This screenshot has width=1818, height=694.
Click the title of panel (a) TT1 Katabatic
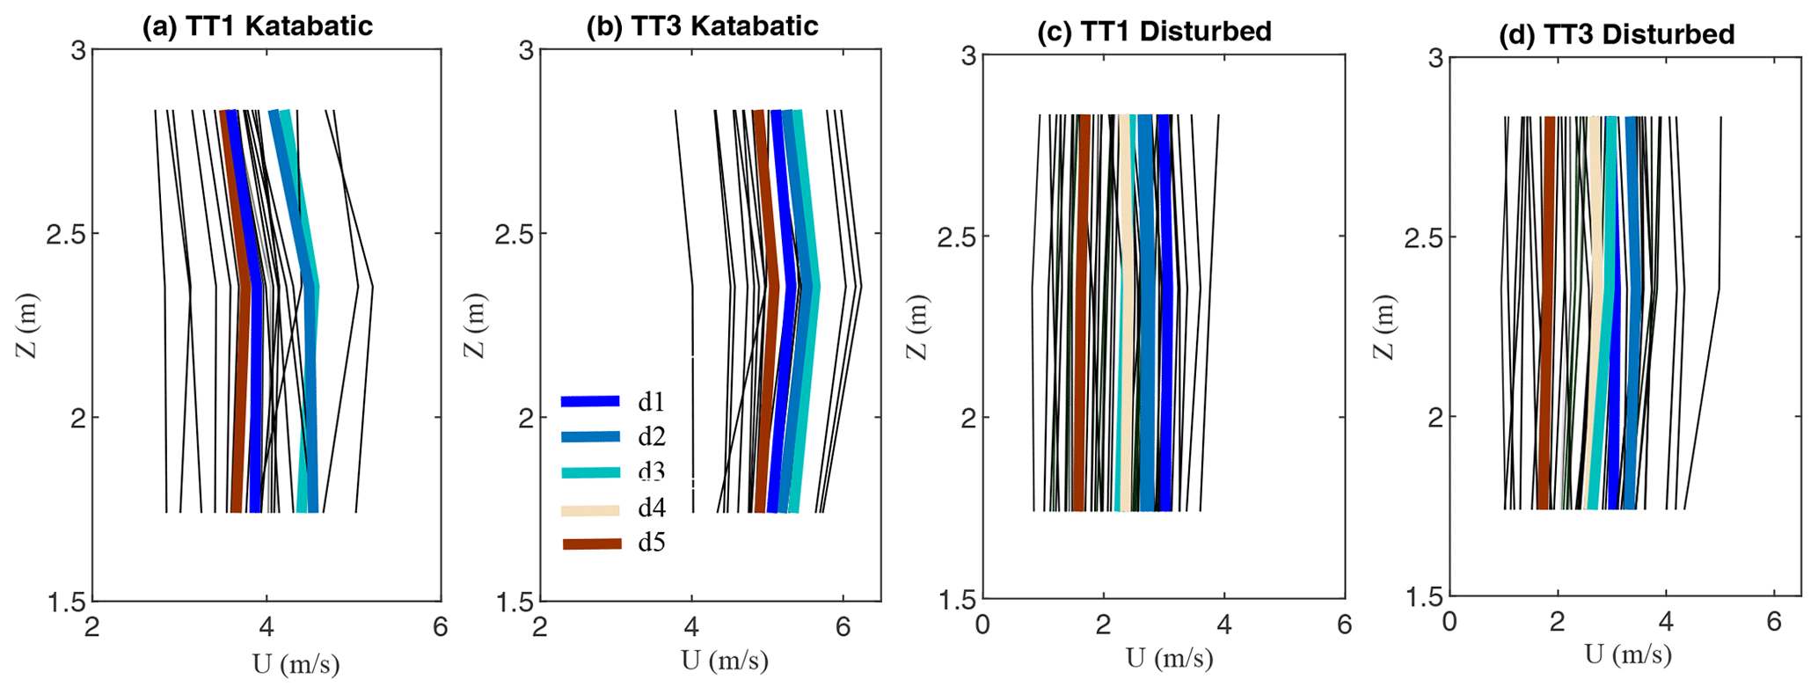(x=258, y=26)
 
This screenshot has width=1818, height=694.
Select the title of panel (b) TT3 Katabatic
(x=702, y=26)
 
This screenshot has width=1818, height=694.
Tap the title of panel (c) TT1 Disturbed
(x=1154, y=32)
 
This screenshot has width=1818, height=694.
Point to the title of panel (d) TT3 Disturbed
(x=1617, y=34)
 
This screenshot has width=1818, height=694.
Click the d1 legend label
(x=651, y=403)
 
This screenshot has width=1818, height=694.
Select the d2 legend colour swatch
(x=590, y=437)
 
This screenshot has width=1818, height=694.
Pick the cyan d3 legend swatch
(x=590, y=472)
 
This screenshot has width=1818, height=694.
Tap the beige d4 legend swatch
(x=590, y=508)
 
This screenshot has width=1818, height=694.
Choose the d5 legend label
(x=651, y=544)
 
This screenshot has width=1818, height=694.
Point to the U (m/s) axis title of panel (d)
(x=1628, y=654)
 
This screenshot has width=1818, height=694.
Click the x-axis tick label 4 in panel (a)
(x=266, y=626)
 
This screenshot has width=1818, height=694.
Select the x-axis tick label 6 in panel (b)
(x=843, y=626)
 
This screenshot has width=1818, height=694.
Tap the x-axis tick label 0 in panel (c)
(x=982, y=625)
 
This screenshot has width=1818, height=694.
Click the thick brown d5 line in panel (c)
(x=1081, y=352)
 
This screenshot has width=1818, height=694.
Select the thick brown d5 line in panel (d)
(x=1547, y=352)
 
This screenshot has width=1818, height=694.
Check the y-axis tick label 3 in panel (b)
(x=525, y=51)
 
